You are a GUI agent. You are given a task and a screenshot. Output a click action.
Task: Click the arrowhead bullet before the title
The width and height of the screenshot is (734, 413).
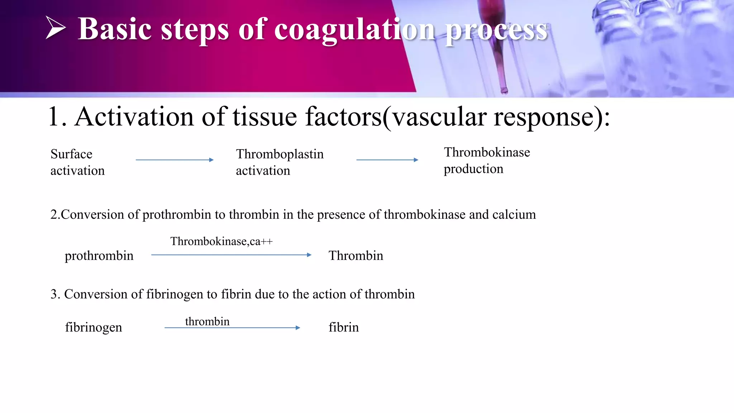pos(56,28)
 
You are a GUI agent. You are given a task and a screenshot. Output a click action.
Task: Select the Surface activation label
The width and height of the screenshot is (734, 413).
pos(77,162)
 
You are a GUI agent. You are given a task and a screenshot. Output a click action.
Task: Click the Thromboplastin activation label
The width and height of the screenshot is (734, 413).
pos(280,162)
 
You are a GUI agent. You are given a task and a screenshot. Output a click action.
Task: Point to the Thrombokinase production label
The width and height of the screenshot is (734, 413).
pos(487,160)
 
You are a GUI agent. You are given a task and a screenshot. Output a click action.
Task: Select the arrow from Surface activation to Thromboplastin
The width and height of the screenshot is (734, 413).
pos(175,160)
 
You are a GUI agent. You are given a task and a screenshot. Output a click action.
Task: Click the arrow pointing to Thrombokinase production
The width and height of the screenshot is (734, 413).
pos(387,160)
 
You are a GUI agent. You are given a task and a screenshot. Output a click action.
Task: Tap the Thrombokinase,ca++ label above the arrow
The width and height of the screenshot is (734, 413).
pos(221,241)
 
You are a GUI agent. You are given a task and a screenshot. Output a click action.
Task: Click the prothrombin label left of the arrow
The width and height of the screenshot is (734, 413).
pos(99,256)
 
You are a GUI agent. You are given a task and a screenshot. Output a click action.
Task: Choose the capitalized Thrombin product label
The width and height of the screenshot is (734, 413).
pos(356,256)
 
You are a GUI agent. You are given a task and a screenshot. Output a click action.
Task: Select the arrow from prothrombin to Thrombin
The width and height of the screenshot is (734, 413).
pos(231,255)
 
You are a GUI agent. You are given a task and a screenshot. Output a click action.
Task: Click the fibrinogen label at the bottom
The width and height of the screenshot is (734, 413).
pos(94,327)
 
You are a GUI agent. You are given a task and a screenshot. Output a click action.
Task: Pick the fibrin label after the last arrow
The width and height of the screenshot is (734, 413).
pos(344,327)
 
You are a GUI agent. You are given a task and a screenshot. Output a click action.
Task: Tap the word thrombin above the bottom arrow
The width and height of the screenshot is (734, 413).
pos(207,321)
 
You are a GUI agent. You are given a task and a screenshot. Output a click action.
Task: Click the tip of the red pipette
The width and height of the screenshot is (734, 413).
pos(504,90)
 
